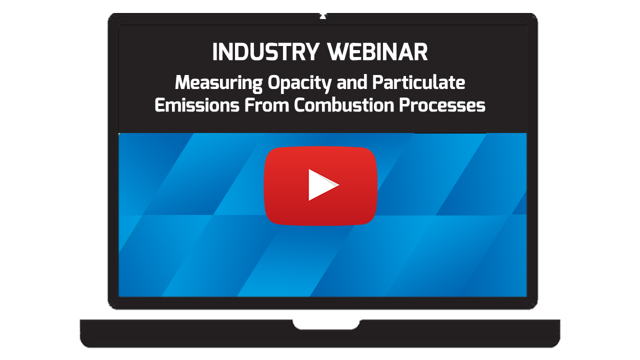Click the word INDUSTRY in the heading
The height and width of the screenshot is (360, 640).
(266, 52)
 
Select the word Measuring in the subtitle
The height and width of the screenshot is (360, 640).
(218, 83)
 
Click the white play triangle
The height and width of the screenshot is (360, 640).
(321, 185)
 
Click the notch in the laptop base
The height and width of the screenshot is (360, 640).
(326, 325)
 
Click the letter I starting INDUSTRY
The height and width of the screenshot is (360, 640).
(215, 52)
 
